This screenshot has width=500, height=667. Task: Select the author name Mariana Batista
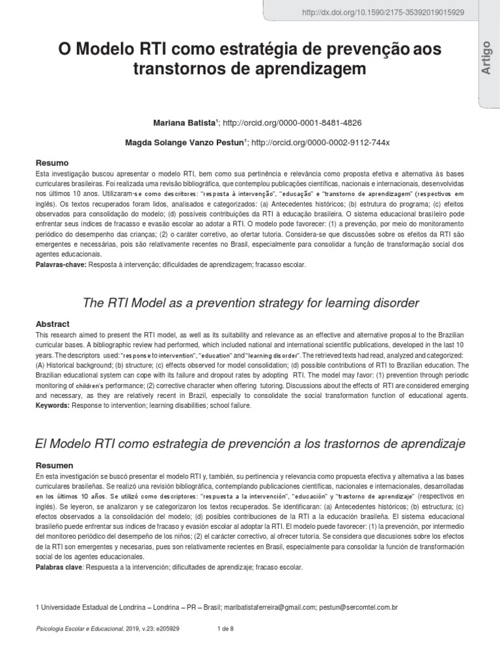pyautogui.click(x=184, y=122)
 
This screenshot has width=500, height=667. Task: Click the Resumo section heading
pyautogui.click(x=51, y=162)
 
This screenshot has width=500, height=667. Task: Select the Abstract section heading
pyautogui.click(x=52, y=324)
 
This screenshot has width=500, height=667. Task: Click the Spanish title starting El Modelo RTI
pyautogui.click(x=249, y=444)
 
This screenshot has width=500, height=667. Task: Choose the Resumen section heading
pyautogui.click(x=54, y=466)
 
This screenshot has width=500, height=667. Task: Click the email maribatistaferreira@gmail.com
pyautogui.click(x=270, y=607)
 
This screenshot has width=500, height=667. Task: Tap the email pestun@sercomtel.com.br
pyautogui.click(x=358, y=607)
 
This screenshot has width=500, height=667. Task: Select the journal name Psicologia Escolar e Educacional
pyautogui.click(x=78, y=629)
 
